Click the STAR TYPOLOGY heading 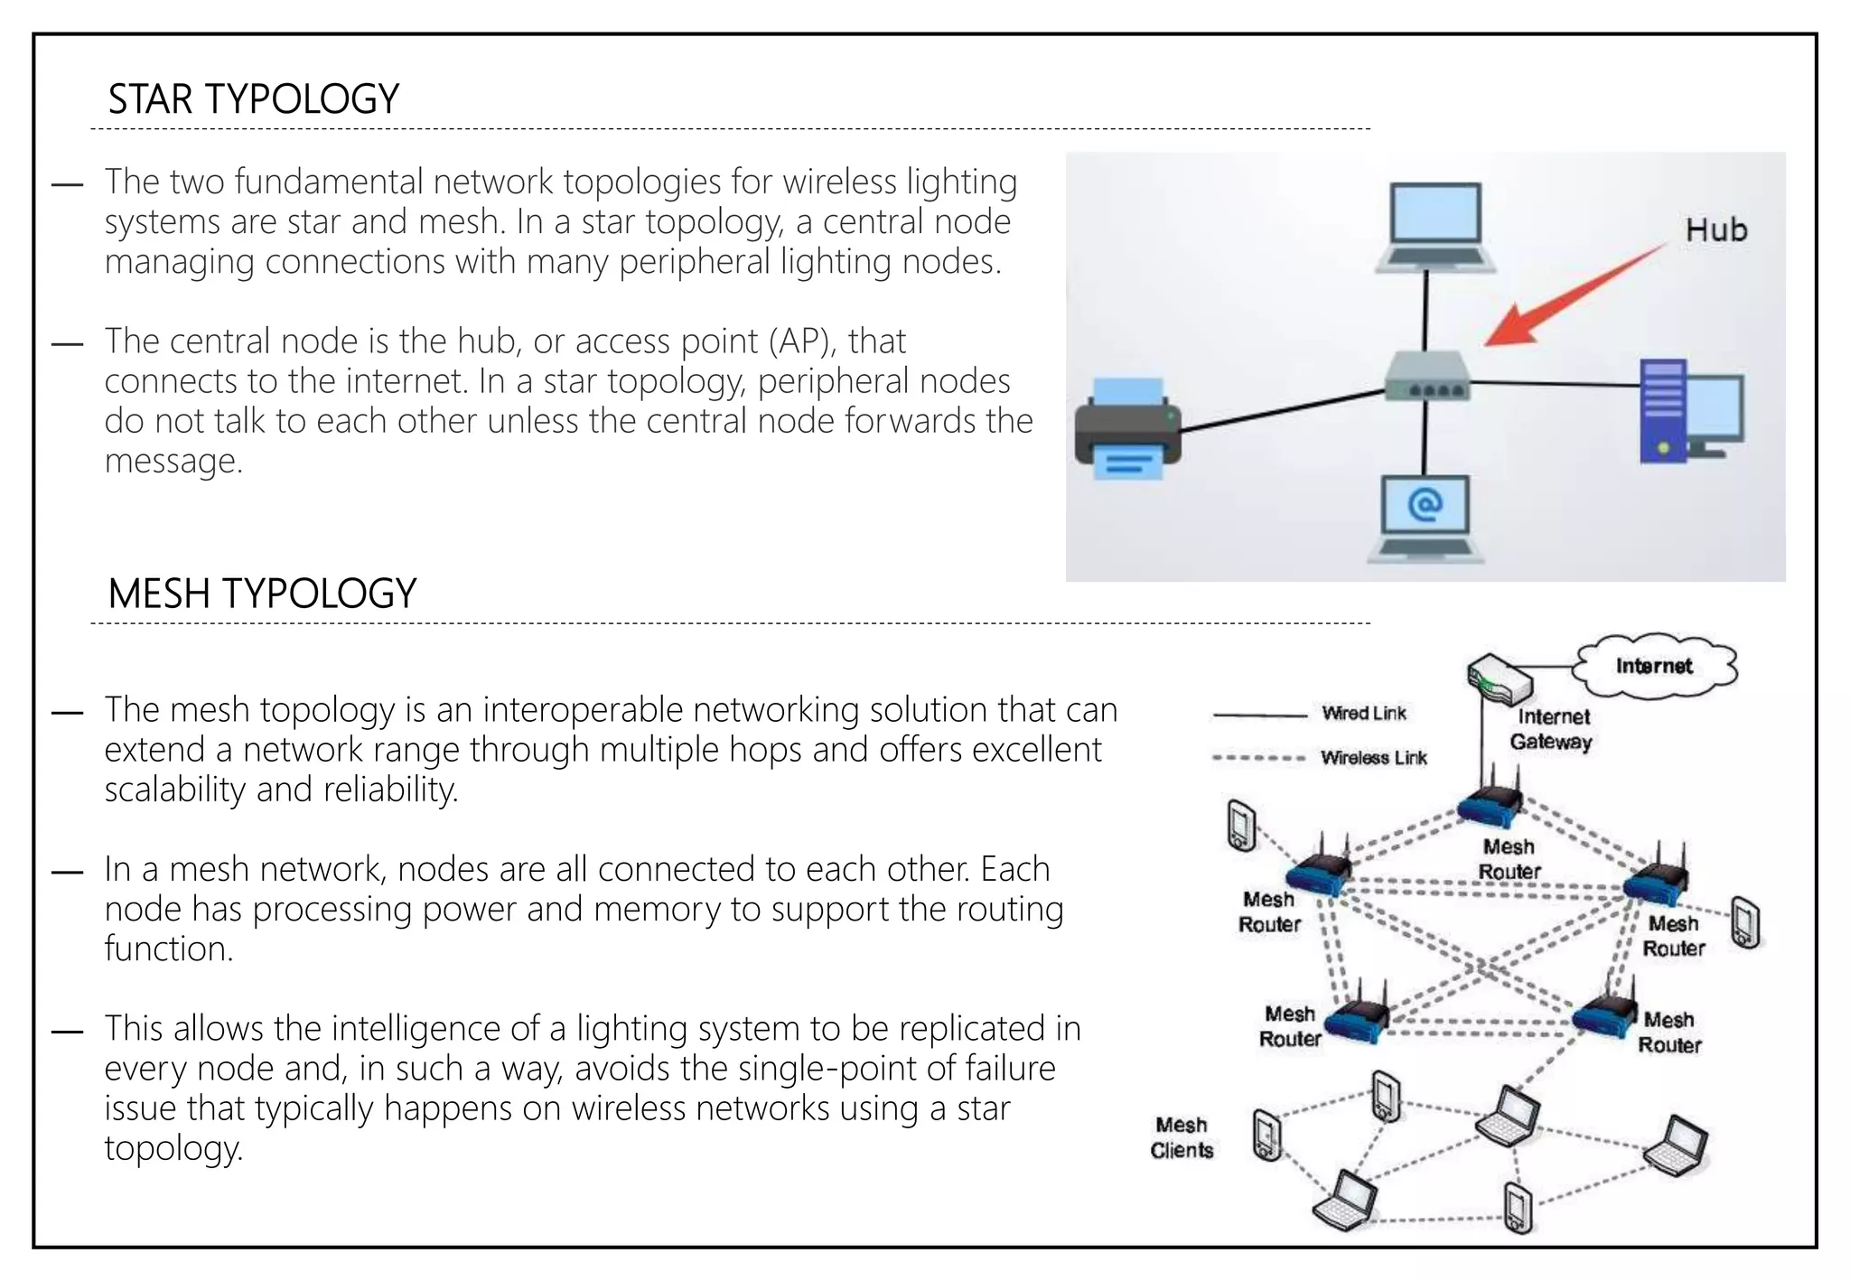tap(253, 99)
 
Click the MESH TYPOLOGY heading tap(262, 594)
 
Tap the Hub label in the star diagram tap(1715, 230)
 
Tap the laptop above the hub tap(1434, 227)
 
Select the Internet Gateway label tap(1551, 729)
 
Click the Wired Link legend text tap(1364, 714)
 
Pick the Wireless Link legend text tap(1373, 758)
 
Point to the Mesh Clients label tap(1182, 1137)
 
